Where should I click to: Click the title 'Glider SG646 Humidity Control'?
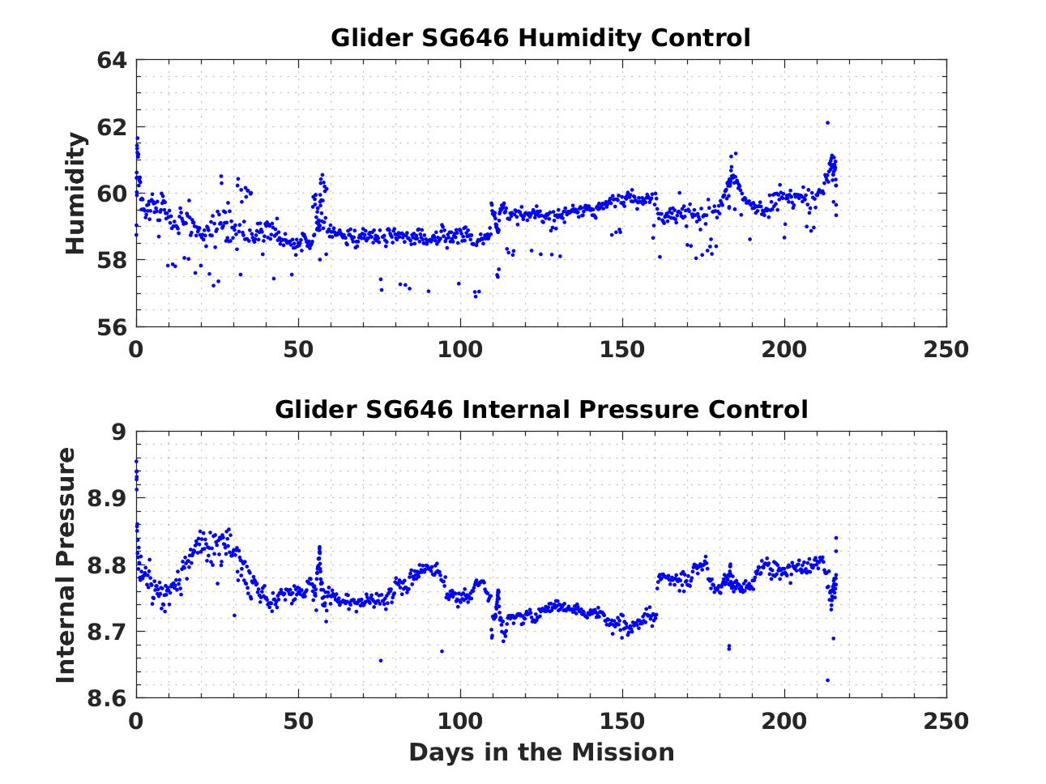click(x=540, y=38)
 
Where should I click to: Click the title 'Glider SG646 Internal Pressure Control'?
click(x=540, y=409)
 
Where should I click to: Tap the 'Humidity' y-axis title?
click(x=75, y=194)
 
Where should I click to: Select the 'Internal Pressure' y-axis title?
click(x=66, y=565)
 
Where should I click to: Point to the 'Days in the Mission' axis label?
click(x=540, y=752)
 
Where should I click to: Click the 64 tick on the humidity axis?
click(x=113, y=61)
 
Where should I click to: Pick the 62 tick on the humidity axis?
click(x=113, y=127)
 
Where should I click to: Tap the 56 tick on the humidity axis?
click(x=113, y=326)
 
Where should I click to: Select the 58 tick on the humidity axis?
click(x=113, y=260)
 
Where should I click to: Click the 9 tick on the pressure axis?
click(x=119, y=432)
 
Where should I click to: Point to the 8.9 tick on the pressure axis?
click(x=106, y=498)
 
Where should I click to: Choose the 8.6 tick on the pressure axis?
click(x=106, y=697)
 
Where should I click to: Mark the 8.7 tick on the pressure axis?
click(x=106, y=631)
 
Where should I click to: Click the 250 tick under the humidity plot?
click(x=946, y=349)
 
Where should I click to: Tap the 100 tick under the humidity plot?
click(x=460, y=349)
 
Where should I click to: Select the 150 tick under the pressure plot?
click(x=622, y=720)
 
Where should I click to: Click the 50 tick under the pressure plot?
click(x=298, y=720)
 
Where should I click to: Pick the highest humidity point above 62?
click(x=827, y=122)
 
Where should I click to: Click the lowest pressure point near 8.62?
click(x=827, y=680)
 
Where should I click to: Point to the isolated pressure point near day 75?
click(x=380, y=660)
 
